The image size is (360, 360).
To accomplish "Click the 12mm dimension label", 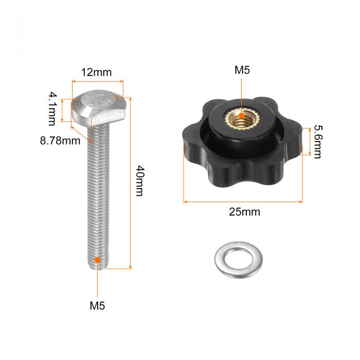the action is click(97, 73).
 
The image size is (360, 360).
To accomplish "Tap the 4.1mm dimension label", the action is click(52, 109).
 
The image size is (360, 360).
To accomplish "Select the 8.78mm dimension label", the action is click(60, 140).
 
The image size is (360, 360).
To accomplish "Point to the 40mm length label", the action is click(140, 181).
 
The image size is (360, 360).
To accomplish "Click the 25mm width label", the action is click(244, 212).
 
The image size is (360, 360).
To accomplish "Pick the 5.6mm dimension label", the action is click(318, 141).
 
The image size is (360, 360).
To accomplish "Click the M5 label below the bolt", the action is click(97, 306).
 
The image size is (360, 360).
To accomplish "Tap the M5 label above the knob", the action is click(242, 70).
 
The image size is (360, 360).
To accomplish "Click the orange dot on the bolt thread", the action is click(97, 260).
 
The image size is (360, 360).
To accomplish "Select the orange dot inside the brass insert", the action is click(241, 116).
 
